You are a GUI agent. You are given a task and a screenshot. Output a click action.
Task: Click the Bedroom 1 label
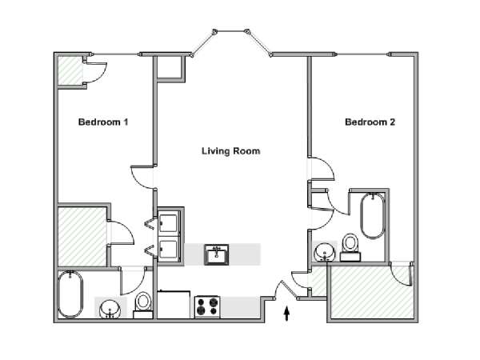[x=103, y=122]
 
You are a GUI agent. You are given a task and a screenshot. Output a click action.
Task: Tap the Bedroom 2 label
[x=370, y=122]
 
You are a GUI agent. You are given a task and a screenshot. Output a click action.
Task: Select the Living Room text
[x=231, y=151]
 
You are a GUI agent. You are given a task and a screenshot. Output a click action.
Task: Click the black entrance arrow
[x=286, y=314]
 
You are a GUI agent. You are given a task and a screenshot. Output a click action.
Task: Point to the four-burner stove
[x=208, y=306]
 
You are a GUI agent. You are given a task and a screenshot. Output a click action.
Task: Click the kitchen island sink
[x=217, y=254]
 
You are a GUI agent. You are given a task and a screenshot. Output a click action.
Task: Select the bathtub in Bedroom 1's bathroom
[x=70, y=294]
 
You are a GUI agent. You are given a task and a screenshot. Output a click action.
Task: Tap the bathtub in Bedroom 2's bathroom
[x=373, y=216]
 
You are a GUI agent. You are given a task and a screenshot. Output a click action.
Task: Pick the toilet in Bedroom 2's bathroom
[x=350, y=247]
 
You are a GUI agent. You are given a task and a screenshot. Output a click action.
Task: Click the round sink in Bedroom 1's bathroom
[x=110, y=309]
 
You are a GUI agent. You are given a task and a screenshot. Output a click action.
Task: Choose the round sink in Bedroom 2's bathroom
[x=325, y=252]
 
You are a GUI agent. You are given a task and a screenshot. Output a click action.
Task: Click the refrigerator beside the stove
[x=174, y=305]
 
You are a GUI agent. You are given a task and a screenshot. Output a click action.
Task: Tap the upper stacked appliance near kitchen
[x=168, y=223]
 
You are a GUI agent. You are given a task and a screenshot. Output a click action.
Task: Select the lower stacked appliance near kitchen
[x=168, y=250]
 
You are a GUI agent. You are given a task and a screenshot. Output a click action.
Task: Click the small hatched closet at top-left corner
[x=70, y=70]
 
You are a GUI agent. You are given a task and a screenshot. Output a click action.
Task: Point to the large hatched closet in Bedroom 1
[x=82, y=236]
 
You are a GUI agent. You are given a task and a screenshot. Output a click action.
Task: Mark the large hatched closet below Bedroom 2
[x=372, y=292]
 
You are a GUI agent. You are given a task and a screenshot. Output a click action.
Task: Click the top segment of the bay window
[x=231, y=31]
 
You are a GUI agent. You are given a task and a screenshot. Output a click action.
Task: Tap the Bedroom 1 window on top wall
[x=116, y=54]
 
